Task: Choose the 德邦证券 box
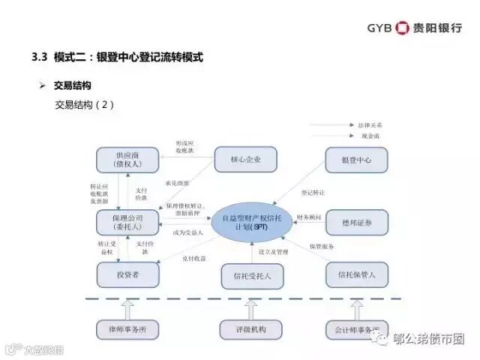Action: coord(356,222)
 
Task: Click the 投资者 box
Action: coord(128,275)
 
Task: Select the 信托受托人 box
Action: coord(252,276)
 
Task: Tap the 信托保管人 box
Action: coord(356,275)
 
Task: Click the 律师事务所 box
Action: coord(128,328)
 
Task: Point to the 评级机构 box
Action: coord(252,328)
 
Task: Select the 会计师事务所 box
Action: coord(354,328)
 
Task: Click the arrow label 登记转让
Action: coord(312,193)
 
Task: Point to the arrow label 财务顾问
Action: coord(309,217)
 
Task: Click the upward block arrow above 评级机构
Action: coord(252,307)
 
